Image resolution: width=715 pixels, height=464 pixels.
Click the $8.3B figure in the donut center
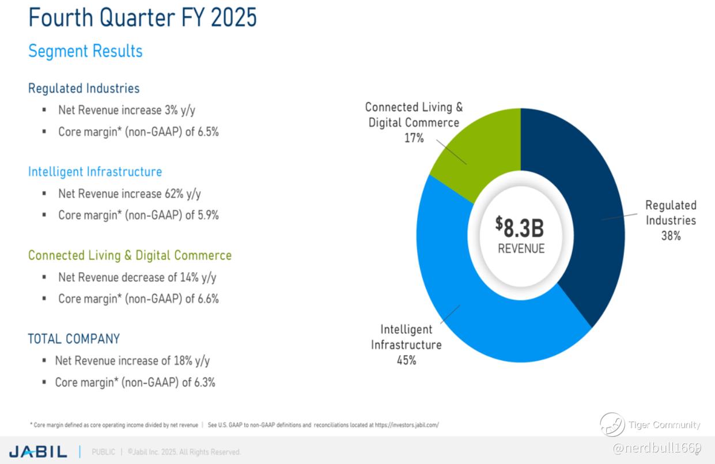pos(520,227)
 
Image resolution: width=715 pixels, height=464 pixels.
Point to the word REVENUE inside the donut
pos(521,248)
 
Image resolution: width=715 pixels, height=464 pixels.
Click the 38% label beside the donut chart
pos(671,236)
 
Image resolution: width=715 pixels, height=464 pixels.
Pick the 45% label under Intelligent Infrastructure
pos(406,360)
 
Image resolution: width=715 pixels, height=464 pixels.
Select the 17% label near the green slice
pos(414,138)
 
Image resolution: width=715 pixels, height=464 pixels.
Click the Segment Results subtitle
pos(85,51)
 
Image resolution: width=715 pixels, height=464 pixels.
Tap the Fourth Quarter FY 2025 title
pos(142,17)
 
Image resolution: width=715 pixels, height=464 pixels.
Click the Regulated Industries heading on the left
pos(84,88)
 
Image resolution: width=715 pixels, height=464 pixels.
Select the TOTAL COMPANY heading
pos(74,339)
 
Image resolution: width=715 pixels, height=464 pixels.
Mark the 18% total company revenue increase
pos(183,360)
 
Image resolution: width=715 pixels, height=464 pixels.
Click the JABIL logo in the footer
pos(38,451)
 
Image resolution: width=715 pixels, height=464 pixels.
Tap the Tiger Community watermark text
pos(664,425)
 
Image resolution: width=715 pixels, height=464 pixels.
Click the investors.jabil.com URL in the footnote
pos(407,425)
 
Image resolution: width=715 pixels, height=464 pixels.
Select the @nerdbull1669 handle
pos(657,448)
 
